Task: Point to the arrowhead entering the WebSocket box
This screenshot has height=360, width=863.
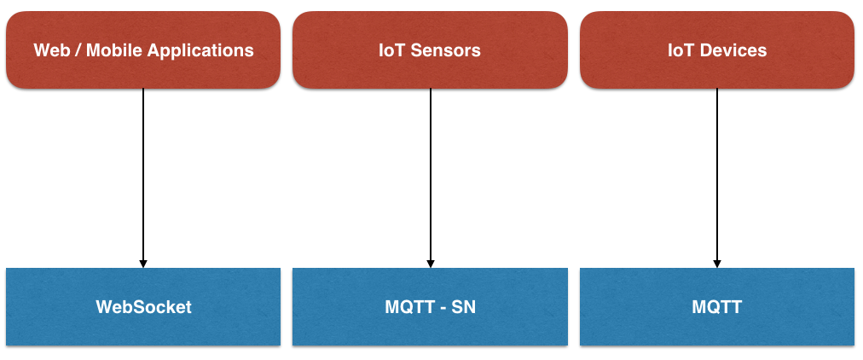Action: point(143,263)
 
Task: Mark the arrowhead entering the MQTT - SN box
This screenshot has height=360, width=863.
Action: point(431,263)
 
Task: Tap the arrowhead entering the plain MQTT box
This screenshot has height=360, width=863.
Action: point(717,263)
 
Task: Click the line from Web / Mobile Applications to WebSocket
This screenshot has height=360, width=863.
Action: point(143,171)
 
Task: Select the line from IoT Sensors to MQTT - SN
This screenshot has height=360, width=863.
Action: point(431,171)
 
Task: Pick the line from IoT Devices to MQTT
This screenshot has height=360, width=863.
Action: point(717,171)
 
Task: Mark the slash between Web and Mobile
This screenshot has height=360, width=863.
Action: point(79,50)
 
